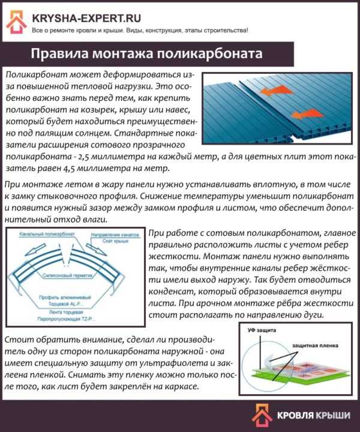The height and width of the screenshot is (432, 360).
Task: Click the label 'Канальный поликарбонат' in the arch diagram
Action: tap(37, 233)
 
